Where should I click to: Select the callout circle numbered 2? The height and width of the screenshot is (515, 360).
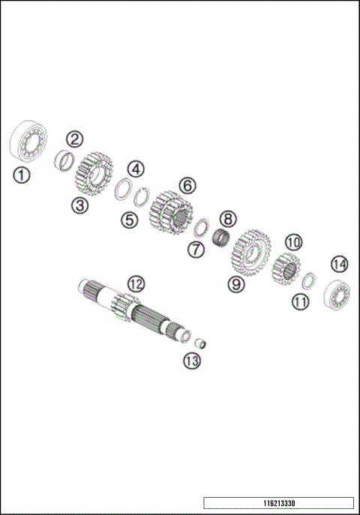pyautogui.click(x=74, y=138)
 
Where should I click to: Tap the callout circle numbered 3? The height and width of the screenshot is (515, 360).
pyautogui.click(x=80, y=204)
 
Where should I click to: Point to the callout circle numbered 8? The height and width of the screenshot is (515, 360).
pyautogui.click(x=226, y=219)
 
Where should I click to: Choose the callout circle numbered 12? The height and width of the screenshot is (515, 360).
pyautogui.click(x=135, y=284)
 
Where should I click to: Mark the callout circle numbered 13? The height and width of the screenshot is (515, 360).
pyautogui.click(x=192, y=361)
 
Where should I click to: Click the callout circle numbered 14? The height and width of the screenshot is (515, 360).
pyautogui.click(x=340, y=264)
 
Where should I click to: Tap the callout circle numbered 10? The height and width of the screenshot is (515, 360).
pyautogui.click(x=292, y=241)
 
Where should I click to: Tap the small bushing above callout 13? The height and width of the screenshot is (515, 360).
pyautogui.click(x=200, y=344)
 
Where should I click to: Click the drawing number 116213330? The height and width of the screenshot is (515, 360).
pyautogui.click(x=277, y=503)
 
